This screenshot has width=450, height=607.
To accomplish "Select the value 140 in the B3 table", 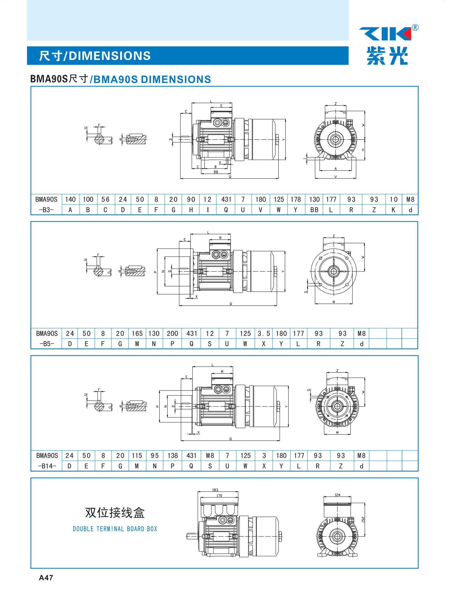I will [x=71, y=199].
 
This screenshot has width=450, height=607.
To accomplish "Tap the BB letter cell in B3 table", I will [x=314, y=210].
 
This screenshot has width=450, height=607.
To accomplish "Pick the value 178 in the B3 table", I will [x=295, y=199].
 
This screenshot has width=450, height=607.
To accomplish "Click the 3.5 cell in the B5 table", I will [x=264, y=333].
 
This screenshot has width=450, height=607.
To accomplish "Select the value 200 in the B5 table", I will [x=172, y=333].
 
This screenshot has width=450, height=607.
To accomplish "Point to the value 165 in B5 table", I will [x=137, y=333].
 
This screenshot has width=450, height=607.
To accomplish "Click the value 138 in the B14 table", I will [x=173, y=456].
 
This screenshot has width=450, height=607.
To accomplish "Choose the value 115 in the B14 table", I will [x=137, y=456].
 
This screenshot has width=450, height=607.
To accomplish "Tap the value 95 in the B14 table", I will [x=155, y=456].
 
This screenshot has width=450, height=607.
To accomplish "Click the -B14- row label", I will [x=47, y=466].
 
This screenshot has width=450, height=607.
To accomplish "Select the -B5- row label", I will [x=47, y=344].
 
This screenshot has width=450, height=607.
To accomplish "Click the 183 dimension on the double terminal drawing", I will [x=215, y=490].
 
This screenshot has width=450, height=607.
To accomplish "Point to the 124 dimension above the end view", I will [x=337, y=495].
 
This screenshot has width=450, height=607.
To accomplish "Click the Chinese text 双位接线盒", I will [x=115, y=513].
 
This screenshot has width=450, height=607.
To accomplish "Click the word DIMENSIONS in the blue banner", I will [x=109, y=56].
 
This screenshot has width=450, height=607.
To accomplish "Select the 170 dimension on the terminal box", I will [x=219, y=496].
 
